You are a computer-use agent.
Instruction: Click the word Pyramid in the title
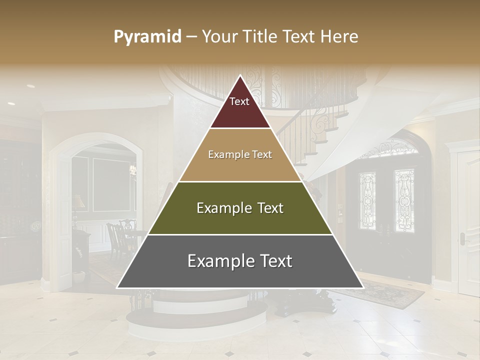tap(147, 37)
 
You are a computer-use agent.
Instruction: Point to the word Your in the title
tap(218, 37)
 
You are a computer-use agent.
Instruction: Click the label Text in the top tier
tap(239, 101)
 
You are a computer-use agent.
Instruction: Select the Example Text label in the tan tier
tap(240, 154)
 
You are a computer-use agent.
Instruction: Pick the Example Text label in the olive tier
tap(240, 208)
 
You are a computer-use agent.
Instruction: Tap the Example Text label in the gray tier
tap(240, 261)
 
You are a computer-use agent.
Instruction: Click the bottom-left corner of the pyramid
tap(117, 288)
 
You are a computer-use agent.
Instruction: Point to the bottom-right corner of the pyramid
tap(363, 288)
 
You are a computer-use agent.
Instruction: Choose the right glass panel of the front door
tap(404, 200)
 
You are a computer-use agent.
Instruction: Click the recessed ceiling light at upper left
tap(31, 86)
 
